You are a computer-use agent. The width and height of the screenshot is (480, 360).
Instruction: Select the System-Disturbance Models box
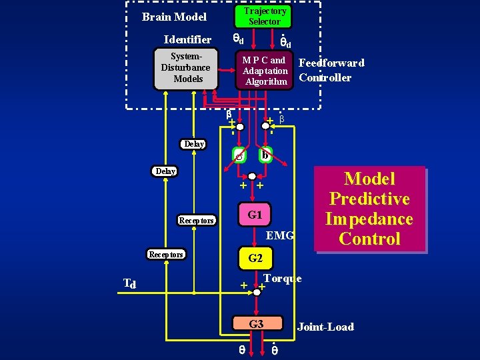(186, 69)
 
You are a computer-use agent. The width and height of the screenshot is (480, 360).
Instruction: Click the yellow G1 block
(255, 215)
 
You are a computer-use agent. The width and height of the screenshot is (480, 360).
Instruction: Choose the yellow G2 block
(255, 258)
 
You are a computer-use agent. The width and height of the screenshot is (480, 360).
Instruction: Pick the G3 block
(256, 325)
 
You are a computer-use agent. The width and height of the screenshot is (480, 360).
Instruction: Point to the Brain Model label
(175, 17)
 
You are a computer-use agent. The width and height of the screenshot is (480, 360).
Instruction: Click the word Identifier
(187, 39)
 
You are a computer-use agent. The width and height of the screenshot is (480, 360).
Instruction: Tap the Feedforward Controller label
(331, 70)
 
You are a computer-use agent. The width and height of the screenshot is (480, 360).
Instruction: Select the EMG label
(280, 235)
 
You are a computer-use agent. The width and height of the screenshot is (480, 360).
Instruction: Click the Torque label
(282, 278)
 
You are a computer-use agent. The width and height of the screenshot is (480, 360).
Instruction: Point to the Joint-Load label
(325, 327)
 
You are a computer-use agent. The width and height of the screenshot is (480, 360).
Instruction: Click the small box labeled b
(265, 155)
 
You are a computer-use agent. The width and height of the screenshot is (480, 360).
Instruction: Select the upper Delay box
(194, 144)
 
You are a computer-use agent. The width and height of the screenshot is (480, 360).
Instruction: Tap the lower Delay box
(165, 171)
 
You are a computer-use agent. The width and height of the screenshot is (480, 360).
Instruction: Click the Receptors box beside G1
(196, 220)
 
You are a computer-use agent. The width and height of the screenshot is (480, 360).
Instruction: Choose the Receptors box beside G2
(166, 254)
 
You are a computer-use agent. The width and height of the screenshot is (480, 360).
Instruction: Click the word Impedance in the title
(369, 219)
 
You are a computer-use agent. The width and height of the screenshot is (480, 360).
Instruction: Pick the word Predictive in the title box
(369, 199)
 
